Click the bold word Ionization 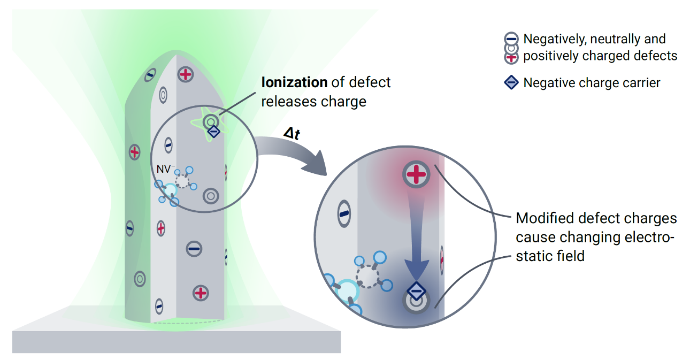coord(294,83)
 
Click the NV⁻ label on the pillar coord(165,169)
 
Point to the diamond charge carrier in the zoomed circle coord(416,291)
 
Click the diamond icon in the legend coord(511,83)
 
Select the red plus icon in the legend coord(511,57)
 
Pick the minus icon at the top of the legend coord(511,39)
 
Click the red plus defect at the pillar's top coord(186,74)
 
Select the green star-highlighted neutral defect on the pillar coord(211,122)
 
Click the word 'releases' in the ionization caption coord(283,102)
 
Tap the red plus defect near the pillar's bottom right coord(201,293)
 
